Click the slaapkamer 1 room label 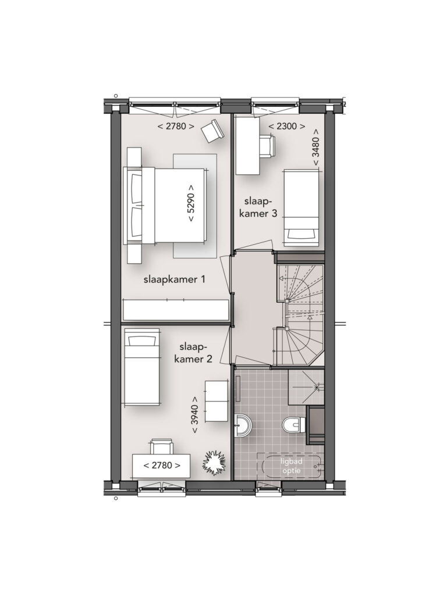(x=175, y=279)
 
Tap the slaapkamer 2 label (x=193, y=353)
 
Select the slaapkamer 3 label (x=258, y=207)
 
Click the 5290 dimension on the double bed (x=191, y=203)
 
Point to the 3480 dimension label (x=316, y=147)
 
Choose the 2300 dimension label (x=286, y=126)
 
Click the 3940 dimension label (x=194, y=415)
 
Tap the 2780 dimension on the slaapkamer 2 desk (x=162, y=465)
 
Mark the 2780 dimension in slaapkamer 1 (x=176, y=126)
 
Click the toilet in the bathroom (x=294, y=425)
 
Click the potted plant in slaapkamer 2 (x=214, y=462)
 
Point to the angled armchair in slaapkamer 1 (x=211, y=131)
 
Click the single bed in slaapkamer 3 (x=301, y=209)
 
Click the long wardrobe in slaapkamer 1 (x=176, y=310)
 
